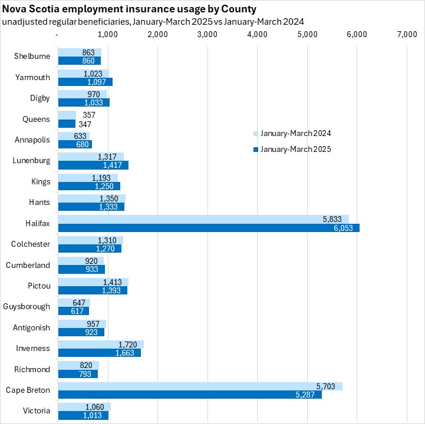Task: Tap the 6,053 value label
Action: point(345,228)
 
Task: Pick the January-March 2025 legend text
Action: point(296,150)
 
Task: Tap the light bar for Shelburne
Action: point(79,52)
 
